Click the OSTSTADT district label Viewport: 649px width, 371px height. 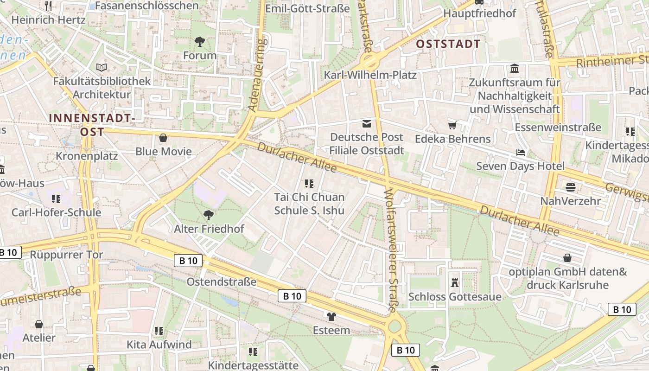coord(448,44)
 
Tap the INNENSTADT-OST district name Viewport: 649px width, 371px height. coord(92,125)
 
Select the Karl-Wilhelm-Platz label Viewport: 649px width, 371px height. coord(370,75)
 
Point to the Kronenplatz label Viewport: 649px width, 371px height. coord(87,156)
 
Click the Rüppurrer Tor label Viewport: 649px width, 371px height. coord(66,255)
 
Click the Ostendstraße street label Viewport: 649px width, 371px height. coord(221,281)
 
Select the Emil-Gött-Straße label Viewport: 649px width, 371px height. coord(307,8)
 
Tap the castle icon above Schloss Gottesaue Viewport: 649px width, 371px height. coord(454,282)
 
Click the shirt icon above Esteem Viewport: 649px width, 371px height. coord(331,317)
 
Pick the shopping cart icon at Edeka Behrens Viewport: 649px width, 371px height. coord(452,125)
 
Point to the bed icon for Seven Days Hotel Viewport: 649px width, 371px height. coord(520,153)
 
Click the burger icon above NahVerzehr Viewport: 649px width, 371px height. coord(570,187)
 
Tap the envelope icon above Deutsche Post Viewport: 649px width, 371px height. coord(367,123)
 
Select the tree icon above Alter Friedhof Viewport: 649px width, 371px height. coord(209,215)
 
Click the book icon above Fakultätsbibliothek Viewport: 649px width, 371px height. coord(102,67)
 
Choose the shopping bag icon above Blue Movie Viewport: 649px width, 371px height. coord(163,138)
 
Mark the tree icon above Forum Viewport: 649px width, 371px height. coord(200,42)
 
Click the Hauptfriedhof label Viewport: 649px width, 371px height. coord(479,13)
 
